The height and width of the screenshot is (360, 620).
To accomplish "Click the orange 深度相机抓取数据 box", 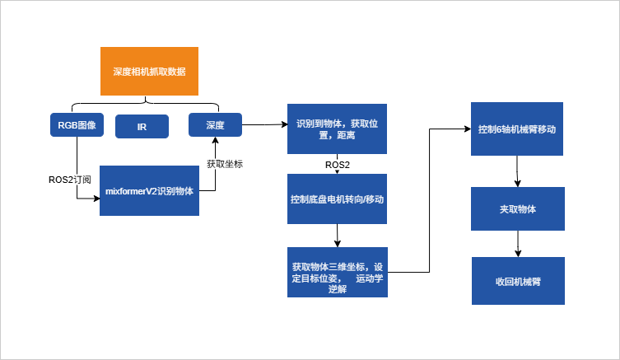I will point(149,72).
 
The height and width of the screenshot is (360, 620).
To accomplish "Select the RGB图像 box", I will point(77,125).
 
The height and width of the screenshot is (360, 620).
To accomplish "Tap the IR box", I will point(142,127).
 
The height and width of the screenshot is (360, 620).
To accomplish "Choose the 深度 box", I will point(215,125).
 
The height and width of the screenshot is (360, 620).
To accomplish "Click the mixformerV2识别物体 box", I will point(149,190).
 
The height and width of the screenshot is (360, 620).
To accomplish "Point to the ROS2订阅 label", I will point(70,180).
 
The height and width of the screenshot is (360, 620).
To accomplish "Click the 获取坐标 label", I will point(224,164).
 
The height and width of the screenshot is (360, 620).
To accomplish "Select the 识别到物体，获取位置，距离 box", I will point(337,129).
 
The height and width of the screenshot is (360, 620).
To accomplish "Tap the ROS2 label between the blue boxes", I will point(338,165).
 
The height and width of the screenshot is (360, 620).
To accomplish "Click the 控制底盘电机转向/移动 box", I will point(337,199).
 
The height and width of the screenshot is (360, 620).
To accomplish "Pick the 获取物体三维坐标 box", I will point(337,273).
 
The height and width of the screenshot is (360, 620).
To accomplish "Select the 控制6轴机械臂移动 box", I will point(517,129).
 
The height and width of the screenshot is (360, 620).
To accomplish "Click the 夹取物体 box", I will point(517,209).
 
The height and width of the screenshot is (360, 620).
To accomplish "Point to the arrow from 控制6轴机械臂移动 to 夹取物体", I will point(517,171).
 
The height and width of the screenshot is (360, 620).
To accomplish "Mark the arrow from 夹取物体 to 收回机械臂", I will point(517,244).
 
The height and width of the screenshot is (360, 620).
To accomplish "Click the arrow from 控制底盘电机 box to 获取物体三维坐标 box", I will point(337,236).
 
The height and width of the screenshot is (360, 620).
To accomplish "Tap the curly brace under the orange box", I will point(146,103).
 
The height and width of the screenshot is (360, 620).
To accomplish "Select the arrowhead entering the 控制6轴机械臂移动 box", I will point(466,129).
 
